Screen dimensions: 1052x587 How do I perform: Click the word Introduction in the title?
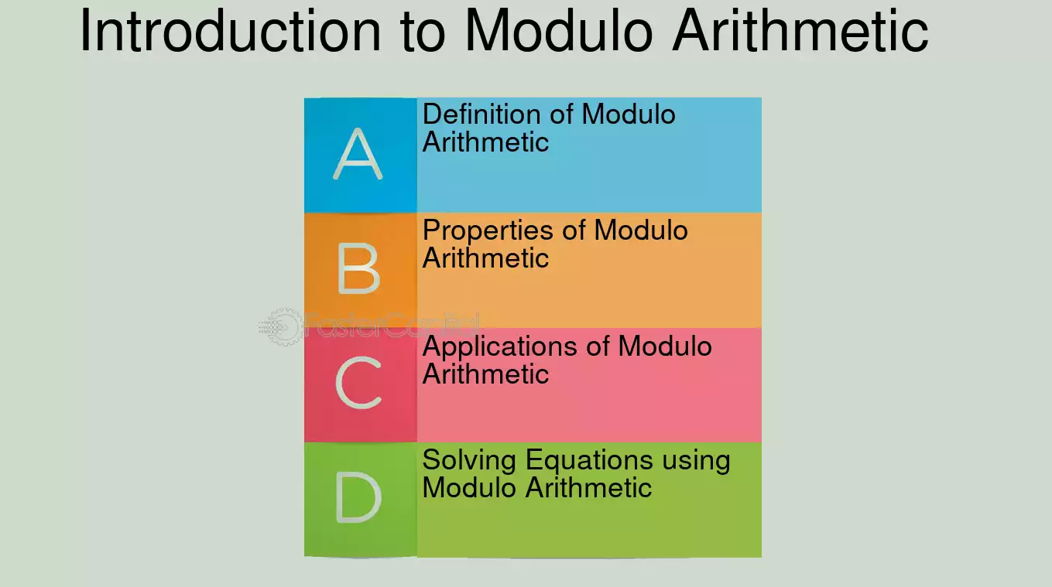231,30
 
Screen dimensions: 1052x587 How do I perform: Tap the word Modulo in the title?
559,30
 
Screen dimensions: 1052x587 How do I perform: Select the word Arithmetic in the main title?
800,30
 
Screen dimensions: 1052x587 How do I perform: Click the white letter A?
358,154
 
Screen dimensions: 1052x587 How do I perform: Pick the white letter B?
359,270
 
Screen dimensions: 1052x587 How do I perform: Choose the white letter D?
359,497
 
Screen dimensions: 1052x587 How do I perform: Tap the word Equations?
589,461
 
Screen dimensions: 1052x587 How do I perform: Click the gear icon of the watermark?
282,326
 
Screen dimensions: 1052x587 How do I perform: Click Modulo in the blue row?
629,114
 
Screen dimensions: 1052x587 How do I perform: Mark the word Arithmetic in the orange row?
485,258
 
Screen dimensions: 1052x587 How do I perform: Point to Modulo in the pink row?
665,346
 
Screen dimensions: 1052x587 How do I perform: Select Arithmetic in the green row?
588,487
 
